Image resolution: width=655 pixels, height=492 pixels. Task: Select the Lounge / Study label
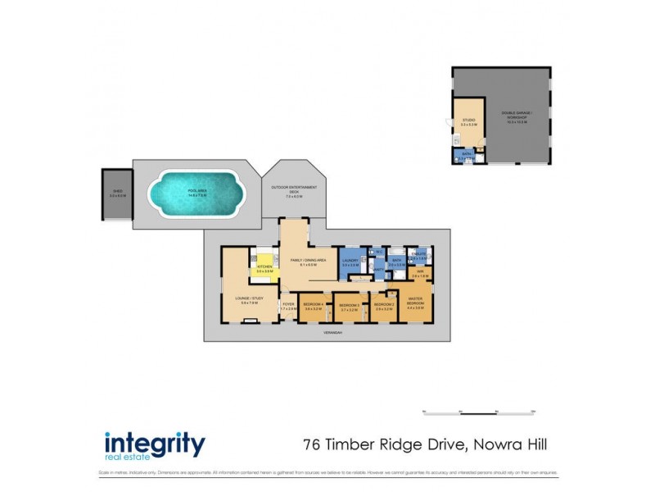(x=245, y=300)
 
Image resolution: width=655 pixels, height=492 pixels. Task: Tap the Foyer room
(x=287, y=306)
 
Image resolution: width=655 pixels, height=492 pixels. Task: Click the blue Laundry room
(x=350, y=262)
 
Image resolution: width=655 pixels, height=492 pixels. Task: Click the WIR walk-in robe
(x=419, y=274)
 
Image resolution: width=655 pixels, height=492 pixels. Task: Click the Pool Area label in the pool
(x=196, y=194)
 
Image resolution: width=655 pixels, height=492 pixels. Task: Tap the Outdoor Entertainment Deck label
(x=294, y=192)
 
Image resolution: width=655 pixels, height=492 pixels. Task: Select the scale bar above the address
(x=478, y=412)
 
